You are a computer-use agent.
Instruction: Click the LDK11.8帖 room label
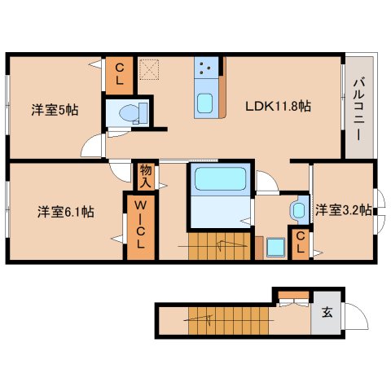click(280, 106)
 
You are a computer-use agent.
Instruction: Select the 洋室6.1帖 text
click(65, 212)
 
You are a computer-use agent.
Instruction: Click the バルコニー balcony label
click(358, 107)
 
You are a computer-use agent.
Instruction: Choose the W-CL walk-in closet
click(139, 226)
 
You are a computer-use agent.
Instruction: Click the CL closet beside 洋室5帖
click(119, 76)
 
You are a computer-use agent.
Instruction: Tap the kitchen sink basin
click(205, 104)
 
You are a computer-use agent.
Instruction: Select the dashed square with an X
click(148, 70)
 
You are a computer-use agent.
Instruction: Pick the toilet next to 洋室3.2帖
click(299, 209)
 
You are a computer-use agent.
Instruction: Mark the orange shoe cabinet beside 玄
click(291, 294)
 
